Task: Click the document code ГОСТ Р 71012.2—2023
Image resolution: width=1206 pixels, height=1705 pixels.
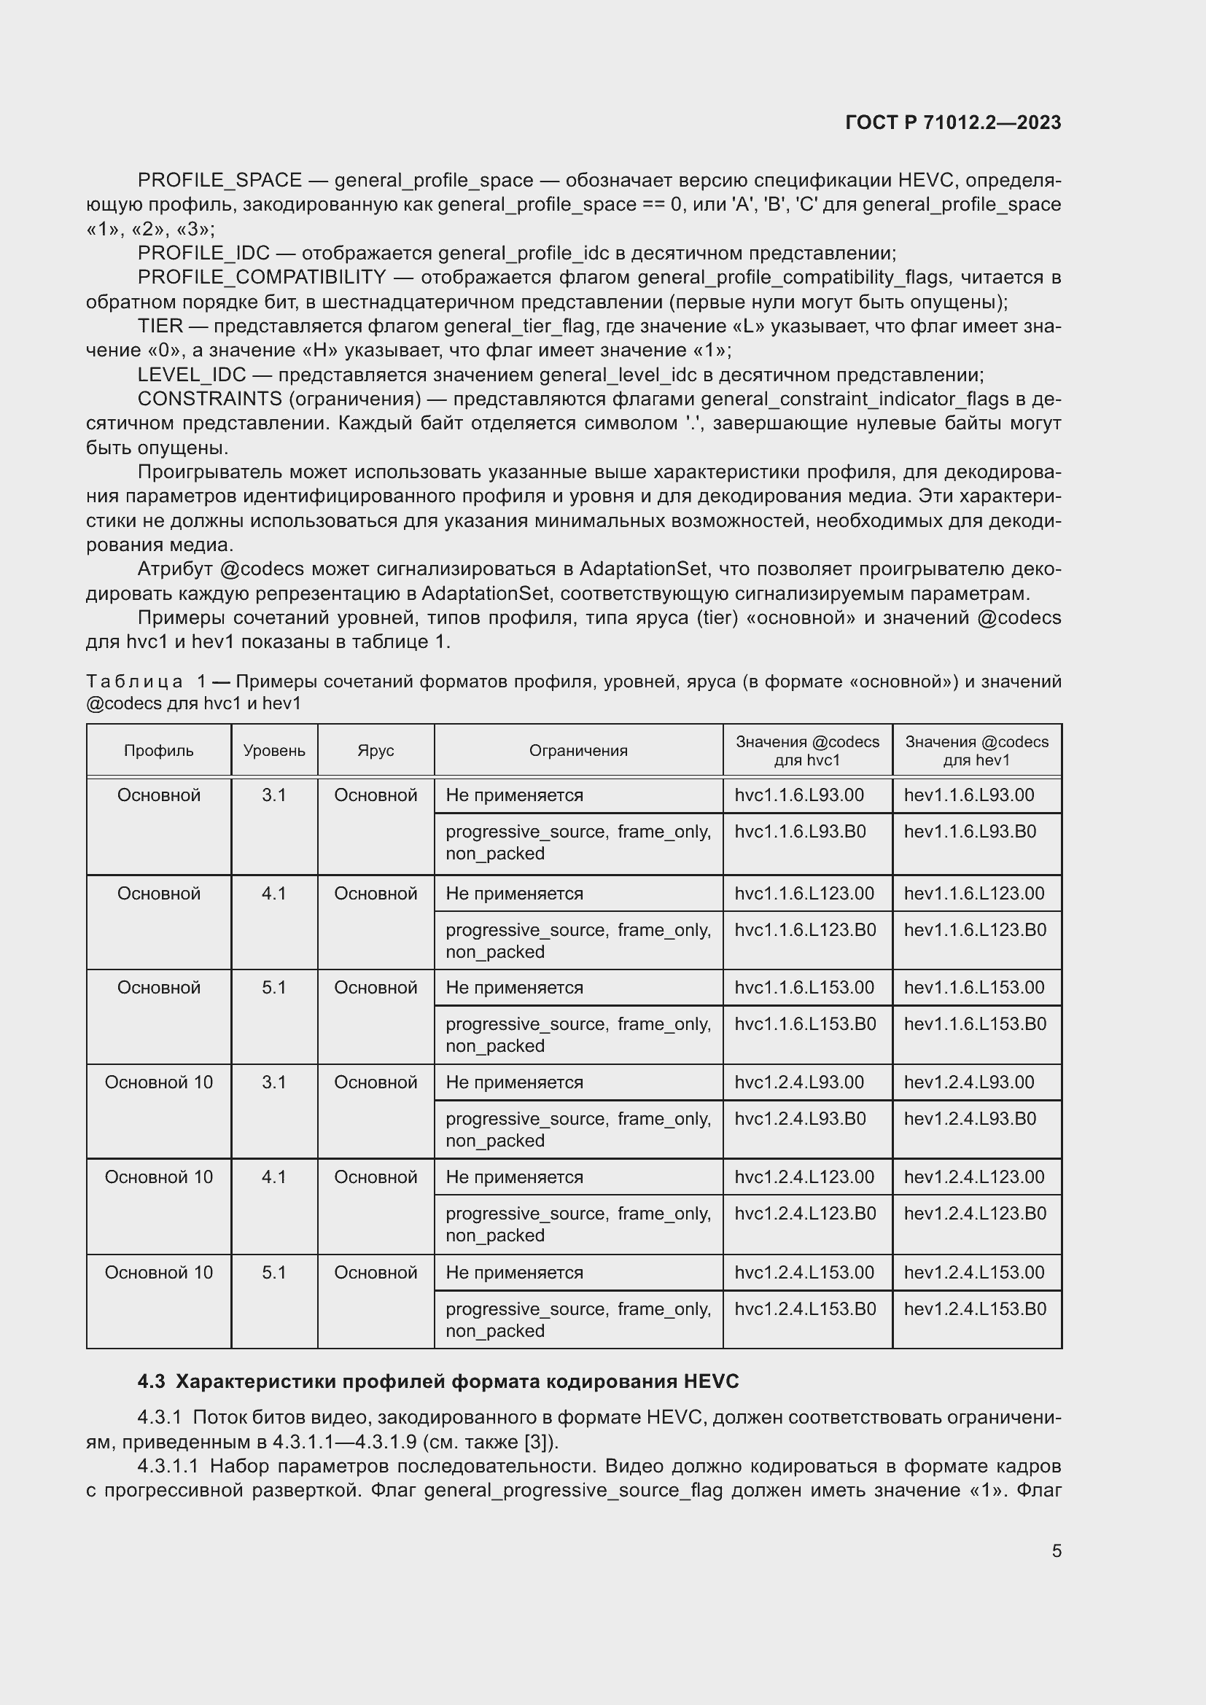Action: [953, 122]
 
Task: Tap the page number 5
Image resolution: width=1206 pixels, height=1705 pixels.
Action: [1056, 1550]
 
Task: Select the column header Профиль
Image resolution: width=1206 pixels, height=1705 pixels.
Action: [158, 751]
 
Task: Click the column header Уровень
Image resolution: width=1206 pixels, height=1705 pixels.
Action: [274, 751]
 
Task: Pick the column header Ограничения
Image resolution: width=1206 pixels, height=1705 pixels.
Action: [577, 751]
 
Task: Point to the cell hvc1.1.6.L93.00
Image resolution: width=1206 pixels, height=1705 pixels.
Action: [799, 795]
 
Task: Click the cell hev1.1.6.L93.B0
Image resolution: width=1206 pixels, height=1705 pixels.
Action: [970, 832]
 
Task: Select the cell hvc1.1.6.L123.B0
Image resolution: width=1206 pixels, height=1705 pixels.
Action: [805, 929]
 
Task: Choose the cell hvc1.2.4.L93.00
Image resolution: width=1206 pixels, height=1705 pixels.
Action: [799, 1082]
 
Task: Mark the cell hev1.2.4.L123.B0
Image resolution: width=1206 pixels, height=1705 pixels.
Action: [974, 1214]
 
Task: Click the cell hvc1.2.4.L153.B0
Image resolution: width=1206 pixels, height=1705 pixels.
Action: [805, 1308]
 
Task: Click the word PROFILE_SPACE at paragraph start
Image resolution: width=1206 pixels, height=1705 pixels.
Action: [219, 181]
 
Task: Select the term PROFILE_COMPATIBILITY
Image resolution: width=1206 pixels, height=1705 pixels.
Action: [262, 278]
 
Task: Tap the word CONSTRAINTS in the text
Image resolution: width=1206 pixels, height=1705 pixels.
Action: [209, 399]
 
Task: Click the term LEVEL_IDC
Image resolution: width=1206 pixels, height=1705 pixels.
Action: [192, 375]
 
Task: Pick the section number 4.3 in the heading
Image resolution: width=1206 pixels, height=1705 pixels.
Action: [151, 1382]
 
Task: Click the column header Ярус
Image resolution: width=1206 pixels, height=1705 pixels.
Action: [375, 751]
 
